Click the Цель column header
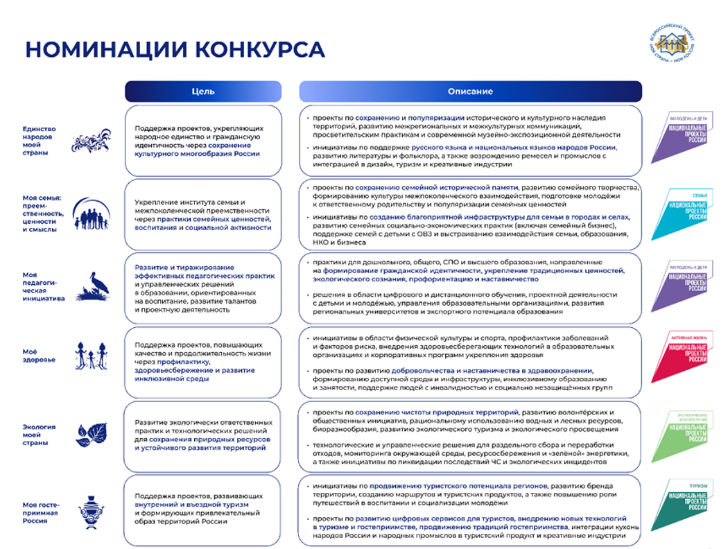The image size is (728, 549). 203,91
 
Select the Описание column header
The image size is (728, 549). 470,91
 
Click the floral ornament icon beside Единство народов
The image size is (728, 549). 92,141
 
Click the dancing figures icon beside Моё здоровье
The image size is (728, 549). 92,356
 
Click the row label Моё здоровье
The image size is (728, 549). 40,356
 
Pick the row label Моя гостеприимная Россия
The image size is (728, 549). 40,513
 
